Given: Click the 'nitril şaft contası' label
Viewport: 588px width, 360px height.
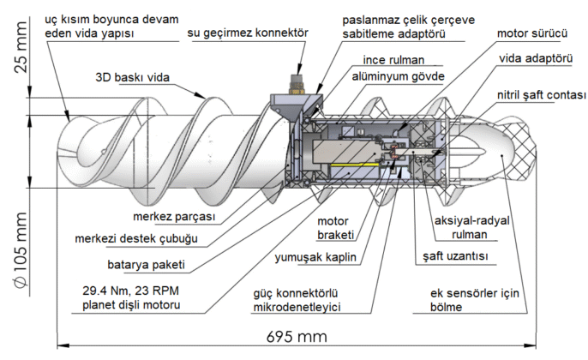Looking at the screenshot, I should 538,94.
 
